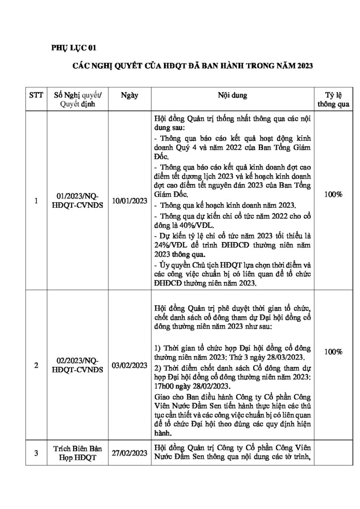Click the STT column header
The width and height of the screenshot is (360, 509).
pos(36,94)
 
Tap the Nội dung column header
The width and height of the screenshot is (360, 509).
pos(231,94)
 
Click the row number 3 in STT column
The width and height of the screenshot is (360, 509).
pos(36,453)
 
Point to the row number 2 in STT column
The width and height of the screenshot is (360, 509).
pos(36,366)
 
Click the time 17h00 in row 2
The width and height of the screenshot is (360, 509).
pos(165,386)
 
